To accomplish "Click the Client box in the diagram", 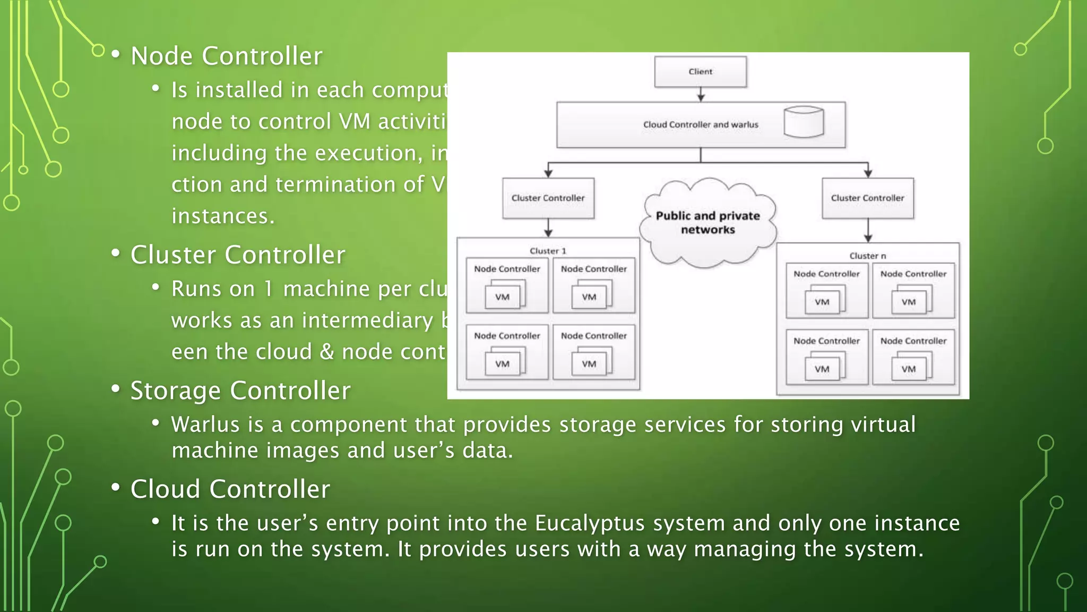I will coord(700,72).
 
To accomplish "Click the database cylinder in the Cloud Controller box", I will coord(804,122).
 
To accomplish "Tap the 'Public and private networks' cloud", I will coord(708,223).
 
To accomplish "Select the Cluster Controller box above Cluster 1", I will coord(548,198).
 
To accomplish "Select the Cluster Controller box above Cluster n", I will coord(867,198).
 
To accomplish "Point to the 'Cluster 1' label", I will coord(548,251).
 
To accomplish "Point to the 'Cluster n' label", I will coord(867,256).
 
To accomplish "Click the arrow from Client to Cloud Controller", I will coord(701,95).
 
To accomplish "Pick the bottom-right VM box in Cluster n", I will coord(908,369).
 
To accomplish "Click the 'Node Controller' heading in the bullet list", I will coord(227,56).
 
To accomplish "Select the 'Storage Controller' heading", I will coord(240,391).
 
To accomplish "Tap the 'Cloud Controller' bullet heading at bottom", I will coord(230,489).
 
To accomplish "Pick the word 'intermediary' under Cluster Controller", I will coord(368,321).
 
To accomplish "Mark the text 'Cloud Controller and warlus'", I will coord(701,125).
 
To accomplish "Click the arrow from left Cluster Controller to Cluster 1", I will coord(548,228).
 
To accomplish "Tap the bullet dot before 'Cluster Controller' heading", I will coord(116,254).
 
